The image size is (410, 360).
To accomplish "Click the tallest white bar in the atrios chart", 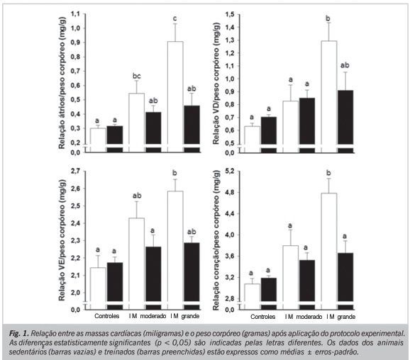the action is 175,93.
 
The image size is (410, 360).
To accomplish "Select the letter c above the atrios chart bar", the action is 175,18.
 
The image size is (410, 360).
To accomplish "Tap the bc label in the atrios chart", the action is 136,76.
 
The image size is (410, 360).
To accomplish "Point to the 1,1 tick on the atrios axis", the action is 75,14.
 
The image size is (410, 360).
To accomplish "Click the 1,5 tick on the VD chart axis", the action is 230,14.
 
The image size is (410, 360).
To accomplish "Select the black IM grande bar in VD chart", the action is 345,118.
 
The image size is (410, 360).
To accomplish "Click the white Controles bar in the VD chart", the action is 252,135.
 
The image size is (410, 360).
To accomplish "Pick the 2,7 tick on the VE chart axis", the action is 75,171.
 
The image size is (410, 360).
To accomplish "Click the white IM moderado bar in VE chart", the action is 136,259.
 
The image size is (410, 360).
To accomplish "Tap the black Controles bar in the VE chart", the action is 115,282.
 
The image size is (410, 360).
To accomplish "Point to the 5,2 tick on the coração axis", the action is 230,171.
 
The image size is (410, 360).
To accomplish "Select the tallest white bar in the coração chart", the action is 329,247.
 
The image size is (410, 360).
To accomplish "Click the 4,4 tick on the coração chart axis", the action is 230,214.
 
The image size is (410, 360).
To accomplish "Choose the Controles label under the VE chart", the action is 106,316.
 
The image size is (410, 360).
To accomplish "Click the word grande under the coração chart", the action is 346,317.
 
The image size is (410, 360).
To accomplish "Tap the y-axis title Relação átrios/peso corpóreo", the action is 62,83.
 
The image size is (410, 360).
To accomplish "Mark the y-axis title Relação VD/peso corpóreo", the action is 216,83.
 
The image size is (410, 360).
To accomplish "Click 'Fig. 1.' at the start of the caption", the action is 19,334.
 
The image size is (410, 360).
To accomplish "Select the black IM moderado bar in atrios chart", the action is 153,128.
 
